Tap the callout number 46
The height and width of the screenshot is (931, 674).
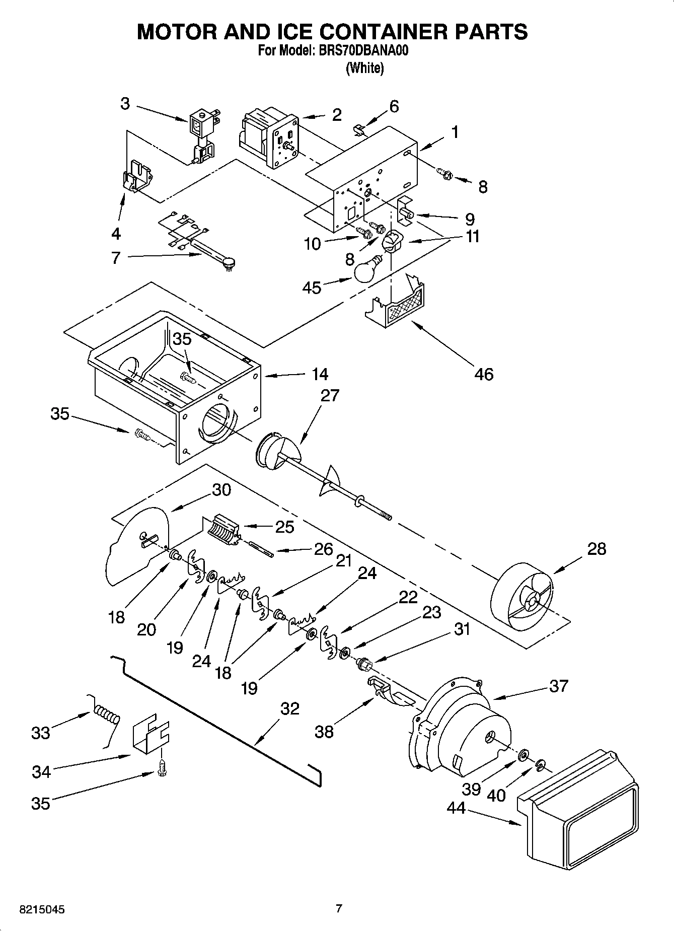[484, 374]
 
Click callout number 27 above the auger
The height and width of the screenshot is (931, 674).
[330, 396]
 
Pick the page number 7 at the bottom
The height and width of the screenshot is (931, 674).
[339, 909]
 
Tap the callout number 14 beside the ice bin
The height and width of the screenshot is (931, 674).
[320, 374]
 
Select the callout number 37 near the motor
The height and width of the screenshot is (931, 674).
[559, 686]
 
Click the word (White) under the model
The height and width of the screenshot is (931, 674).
[365, 68]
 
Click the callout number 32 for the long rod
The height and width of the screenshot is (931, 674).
[289, 709]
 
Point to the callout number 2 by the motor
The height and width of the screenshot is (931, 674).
[337, 115]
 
